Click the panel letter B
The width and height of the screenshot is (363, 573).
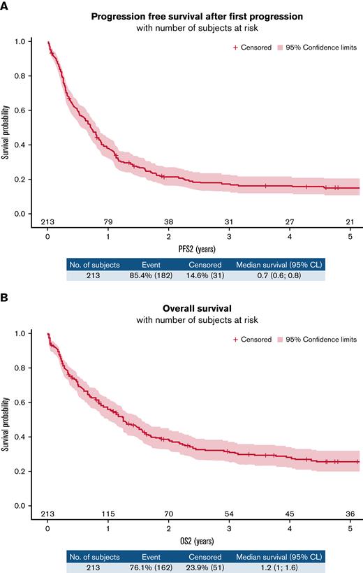click(5, 297)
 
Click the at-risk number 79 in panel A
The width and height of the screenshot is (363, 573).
click(108, 222)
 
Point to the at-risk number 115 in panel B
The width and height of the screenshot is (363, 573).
click(108, 514)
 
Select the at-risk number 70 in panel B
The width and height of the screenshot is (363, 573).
click(168, 514)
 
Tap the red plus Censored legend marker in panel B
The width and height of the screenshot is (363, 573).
click(235, 339)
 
